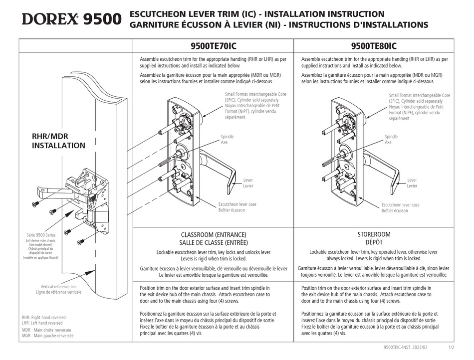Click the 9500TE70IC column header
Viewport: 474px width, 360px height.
point(213,46)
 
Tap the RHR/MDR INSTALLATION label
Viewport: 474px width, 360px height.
point(58,141)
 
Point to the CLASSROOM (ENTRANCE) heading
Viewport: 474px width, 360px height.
point(213,234)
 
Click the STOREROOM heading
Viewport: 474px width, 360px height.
point(374,234)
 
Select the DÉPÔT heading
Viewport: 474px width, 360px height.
point(374,242)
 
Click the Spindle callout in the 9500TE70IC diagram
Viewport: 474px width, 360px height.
point(227,137)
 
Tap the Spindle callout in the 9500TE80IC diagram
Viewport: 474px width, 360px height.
point(391,137)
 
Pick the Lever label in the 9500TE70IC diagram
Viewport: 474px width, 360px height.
point(248,180)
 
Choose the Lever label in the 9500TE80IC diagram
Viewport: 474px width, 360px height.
point(412,180)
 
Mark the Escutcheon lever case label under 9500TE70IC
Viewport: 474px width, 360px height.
point(237,204)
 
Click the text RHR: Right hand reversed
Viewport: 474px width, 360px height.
point(44,317)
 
